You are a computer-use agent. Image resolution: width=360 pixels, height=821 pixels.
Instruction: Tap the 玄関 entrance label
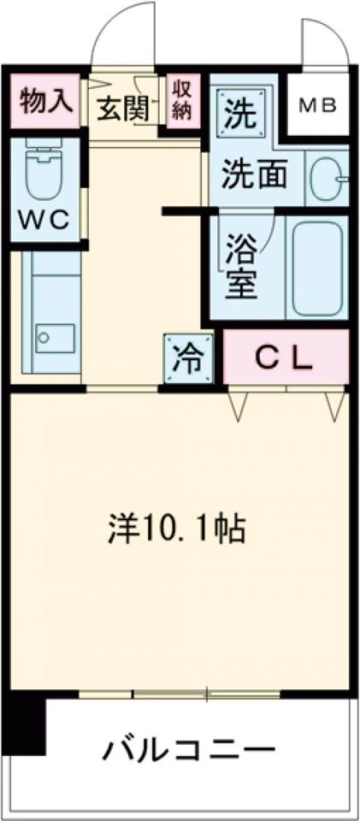click(x=122, y=109)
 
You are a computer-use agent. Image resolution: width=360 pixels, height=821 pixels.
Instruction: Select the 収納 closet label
click(x=182, y=101)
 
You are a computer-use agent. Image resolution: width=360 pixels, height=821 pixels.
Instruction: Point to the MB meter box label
click(x=317, y=106)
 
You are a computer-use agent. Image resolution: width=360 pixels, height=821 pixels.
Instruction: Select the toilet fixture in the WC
click(x=40, y=168)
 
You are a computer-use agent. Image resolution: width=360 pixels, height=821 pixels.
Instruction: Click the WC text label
click(x=44, y=220)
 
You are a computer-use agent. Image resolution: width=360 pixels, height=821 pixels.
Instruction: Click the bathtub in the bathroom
click(x=319, y=269)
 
